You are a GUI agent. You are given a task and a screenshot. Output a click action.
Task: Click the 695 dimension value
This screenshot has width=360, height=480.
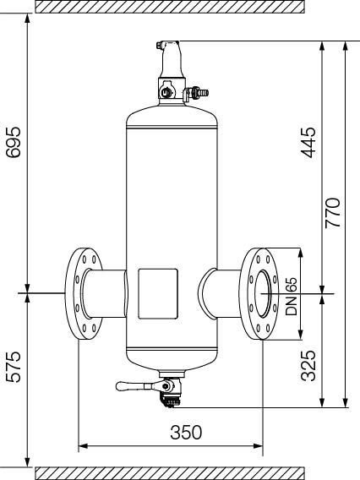[x=14, y=142]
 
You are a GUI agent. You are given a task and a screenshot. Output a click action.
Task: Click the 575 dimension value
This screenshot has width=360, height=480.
[x=14, y=367]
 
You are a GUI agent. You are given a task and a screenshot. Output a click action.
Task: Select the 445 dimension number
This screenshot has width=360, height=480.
[x=308, y=142]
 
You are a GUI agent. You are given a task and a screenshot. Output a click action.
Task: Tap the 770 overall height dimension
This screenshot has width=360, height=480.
[x=333, y=213]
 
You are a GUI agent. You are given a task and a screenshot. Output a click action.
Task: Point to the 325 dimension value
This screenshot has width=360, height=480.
[x=308, y=366]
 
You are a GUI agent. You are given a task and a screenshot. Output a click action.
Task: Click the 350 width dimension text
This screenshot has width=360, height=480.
[x=186, y=432]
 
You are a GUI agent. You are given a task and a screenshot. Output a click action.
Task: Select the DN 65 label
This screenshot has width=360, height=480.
[x=291, y=297]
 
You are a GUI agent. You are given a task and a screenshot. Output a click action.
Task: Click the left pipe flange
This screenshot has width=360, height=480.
[x=84, y=293]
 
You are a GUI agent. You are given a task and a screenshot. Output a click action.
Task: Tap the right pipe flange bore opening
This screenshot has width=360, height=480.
[x=263, y=294]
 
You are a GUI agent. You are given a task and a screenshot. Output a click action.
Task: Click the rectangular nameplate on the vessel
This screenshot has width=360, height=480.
[x=158, y=294]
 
